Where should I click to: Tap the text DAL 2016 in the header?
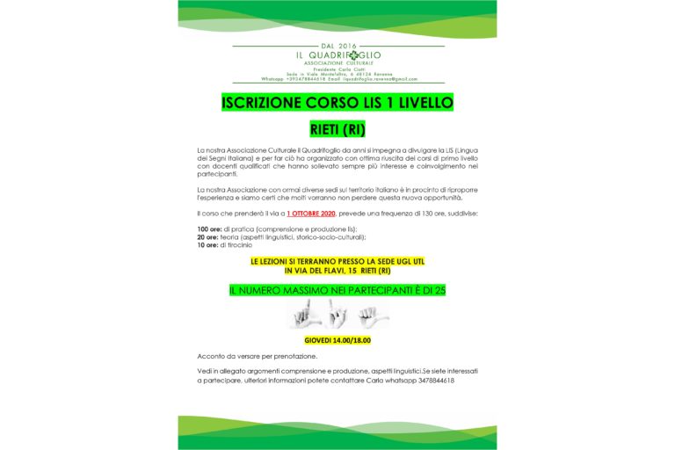337,45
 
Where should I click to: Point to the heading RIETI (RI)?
337,130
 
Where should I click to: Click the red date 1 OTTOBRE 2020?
312,214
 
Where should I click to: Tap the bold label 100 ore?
211,229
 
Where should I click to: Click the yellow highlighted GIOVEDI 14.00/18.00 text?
337,340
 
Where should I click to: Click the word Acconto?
213,356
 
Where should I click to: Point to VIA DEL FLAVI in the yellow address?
312,270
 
